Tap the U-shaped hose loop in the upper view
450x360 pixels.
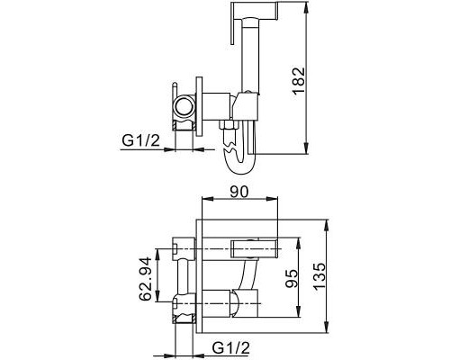[238, 161]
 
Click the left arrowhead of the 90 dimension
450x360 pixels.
[202, 206]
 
